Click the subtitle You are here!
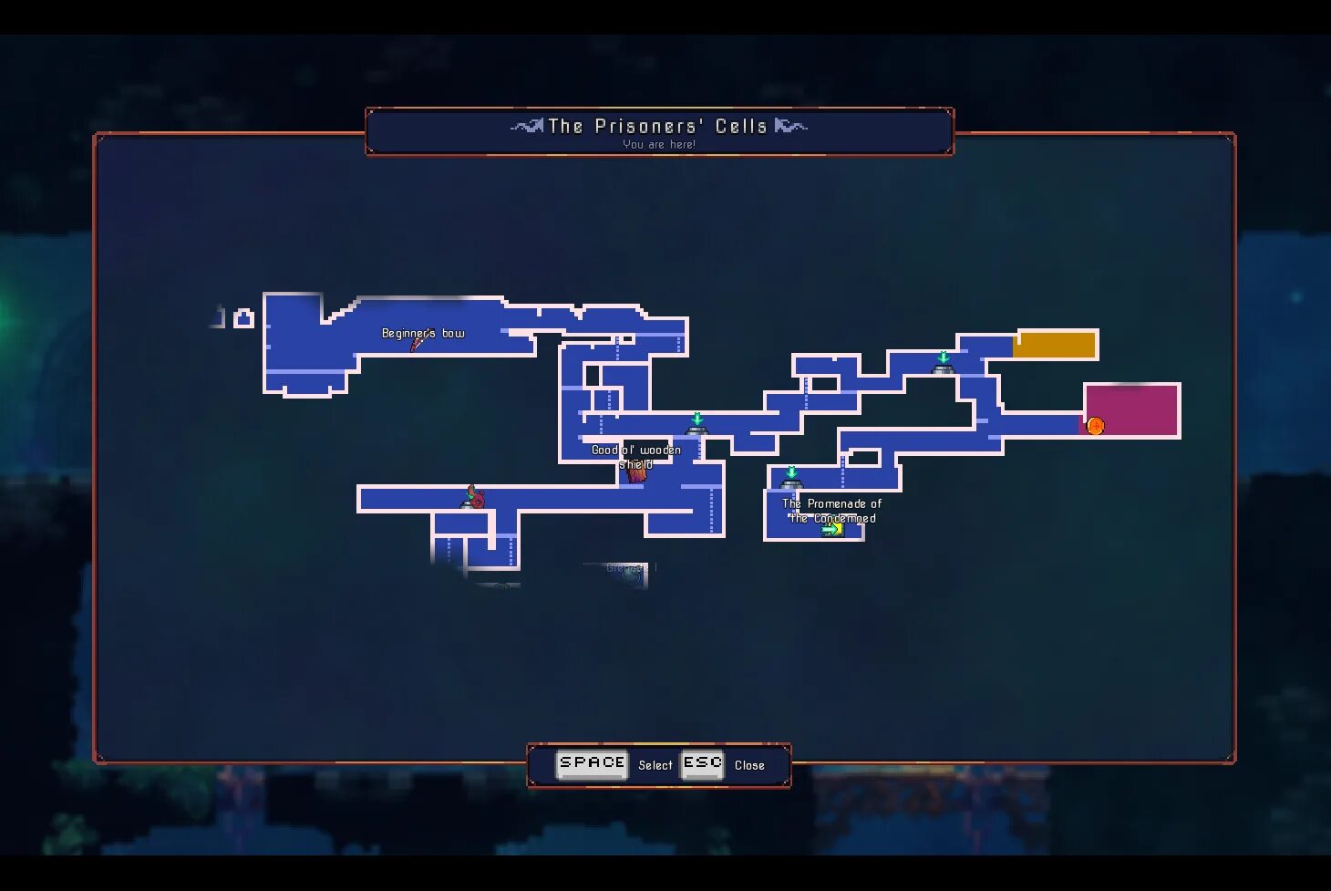pos(659,144)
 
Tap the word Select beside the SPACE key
pos(655,765)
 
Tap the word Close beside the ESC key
pos(749,765)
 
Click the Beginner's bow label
pos(423,333)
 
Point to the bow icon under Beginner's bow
pos(417,345)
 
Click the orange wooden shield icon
pos(637,472)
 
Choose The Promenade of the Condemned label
pos(831,510)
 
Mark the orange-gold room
pos(1054,345)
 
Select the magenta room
pos(1131,409)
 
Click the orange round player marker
pos(1095,426)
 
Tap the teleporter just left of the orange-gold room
pos(943,364)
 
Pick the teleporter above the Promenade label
pos(791,478)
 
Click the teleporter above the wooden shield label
pos(697,425)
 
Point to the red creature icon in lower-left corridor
pos(474,498)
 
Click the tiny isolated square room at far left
pos(243,318)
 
